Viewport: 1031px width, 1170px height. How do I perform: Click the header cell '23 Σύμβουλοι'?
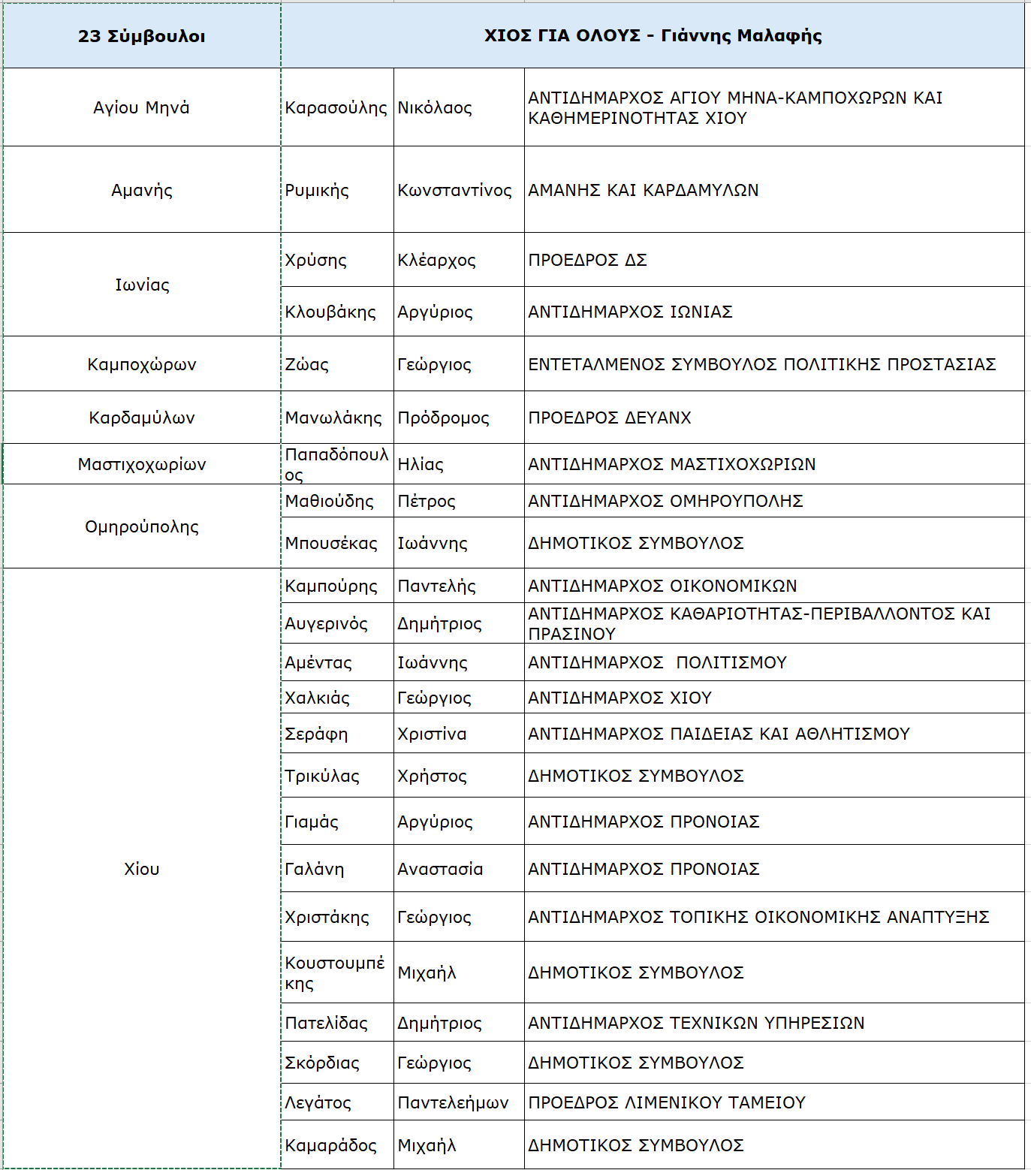pos(141,36)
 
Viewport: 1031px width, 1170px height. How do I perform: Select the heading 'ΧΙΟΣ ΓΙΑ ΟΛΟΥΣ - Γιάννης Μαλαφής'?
pos(653,35)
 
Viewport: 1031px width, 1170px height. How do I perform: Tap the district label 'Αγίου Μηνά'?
pos(141,107)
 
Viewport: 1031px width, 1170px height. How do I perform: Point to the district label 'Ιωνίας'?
pos(141,285)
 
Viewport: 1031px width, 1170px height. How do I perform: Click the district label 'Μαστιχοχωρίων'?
pos(141,464)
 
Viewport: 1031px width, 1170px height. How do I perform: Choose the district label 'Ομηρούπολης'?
pos(141,526)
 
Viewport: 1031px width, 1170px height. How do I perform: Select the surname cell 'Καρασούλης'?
pos(336,107)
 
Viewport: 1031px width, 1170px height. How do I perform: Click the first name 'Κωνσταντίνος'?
pos(454,190)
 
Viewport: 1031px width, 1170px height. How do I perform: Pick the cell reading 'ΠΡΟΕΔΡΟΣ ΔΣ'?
pos(587,260)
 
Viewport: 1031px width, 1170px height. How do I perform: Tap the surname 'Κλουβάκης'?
pos(330,312)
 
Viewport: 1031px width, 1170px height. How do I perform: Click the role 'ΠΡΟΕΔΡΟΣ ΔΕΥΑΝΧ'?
pos(609,418)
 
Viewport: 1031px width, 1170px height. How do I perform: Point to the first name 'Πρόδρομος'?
pos(443,418)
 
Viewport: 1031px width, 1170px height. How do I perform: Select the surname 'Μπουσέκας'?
pos(331,543)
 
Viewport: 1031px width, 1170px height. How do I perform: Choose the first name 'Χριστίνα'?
pos(432,734)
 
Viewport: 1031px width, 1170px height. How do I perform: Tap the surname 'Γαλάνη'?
pos(315,869)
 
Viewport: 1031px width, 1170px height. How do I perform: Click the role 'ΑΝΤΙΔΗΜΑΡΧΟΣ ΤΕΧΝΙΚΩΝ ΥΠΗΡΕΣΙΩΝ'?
pos(696,1023)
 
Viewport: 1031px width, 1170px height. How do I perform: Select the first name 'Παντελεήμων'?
pos(453,1102)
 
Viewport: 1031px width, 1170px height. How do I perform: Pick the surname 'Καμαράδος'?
pos(330,1145)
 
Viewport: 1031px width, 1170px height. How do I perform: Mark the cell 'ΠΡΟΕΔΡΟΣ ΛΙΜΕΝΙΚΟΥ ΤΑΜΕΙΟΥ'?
pos(666,1102)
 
